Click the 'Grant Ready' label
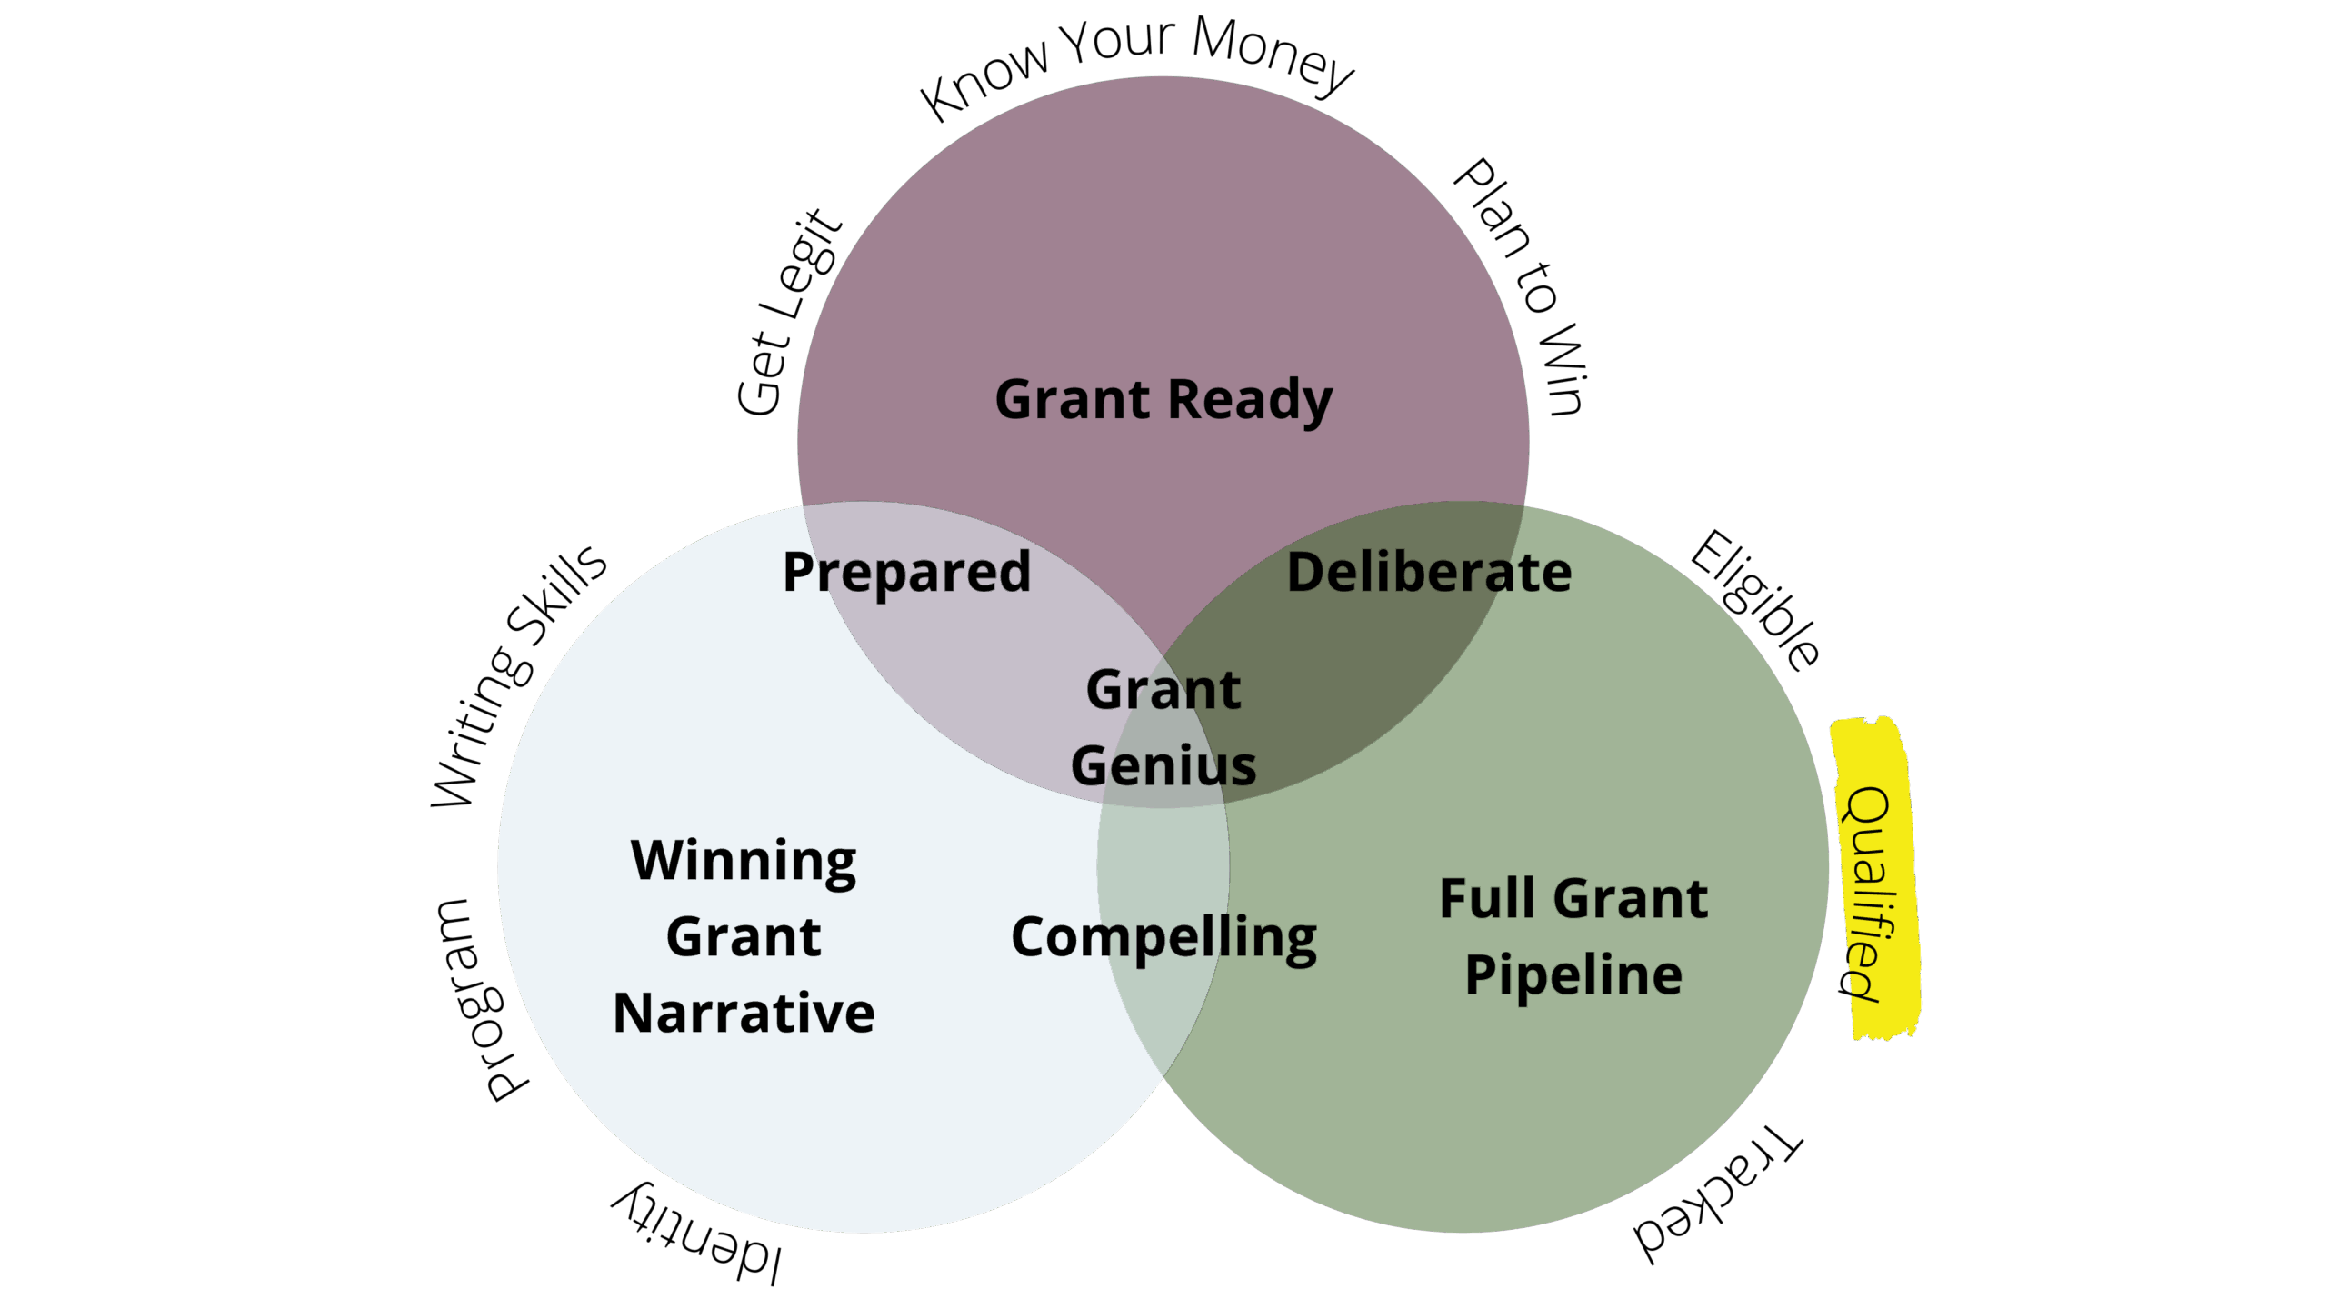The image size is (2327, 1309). [1163, 400]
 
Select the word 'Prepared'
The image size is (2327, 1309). [906, 573]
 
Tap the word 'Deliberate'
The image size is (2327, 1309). [1429, 573]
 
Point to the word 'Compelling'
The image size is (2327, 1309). [1163, 937]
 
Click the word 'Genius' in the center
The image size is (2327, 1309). [1163, 766]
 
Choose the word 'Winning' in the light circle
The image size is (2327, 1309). [744, 861]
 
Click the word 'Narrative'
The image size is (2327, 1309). [744, 1013]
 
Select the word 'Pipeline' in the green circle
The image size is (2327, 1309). [1573, 975]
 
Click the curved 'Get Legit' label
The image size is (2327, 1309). [787, 314]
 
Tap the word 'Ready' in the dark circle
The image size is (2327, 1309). [1249, 400]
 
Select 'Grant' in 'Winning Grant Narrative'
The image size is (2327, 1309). [744, 937]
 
